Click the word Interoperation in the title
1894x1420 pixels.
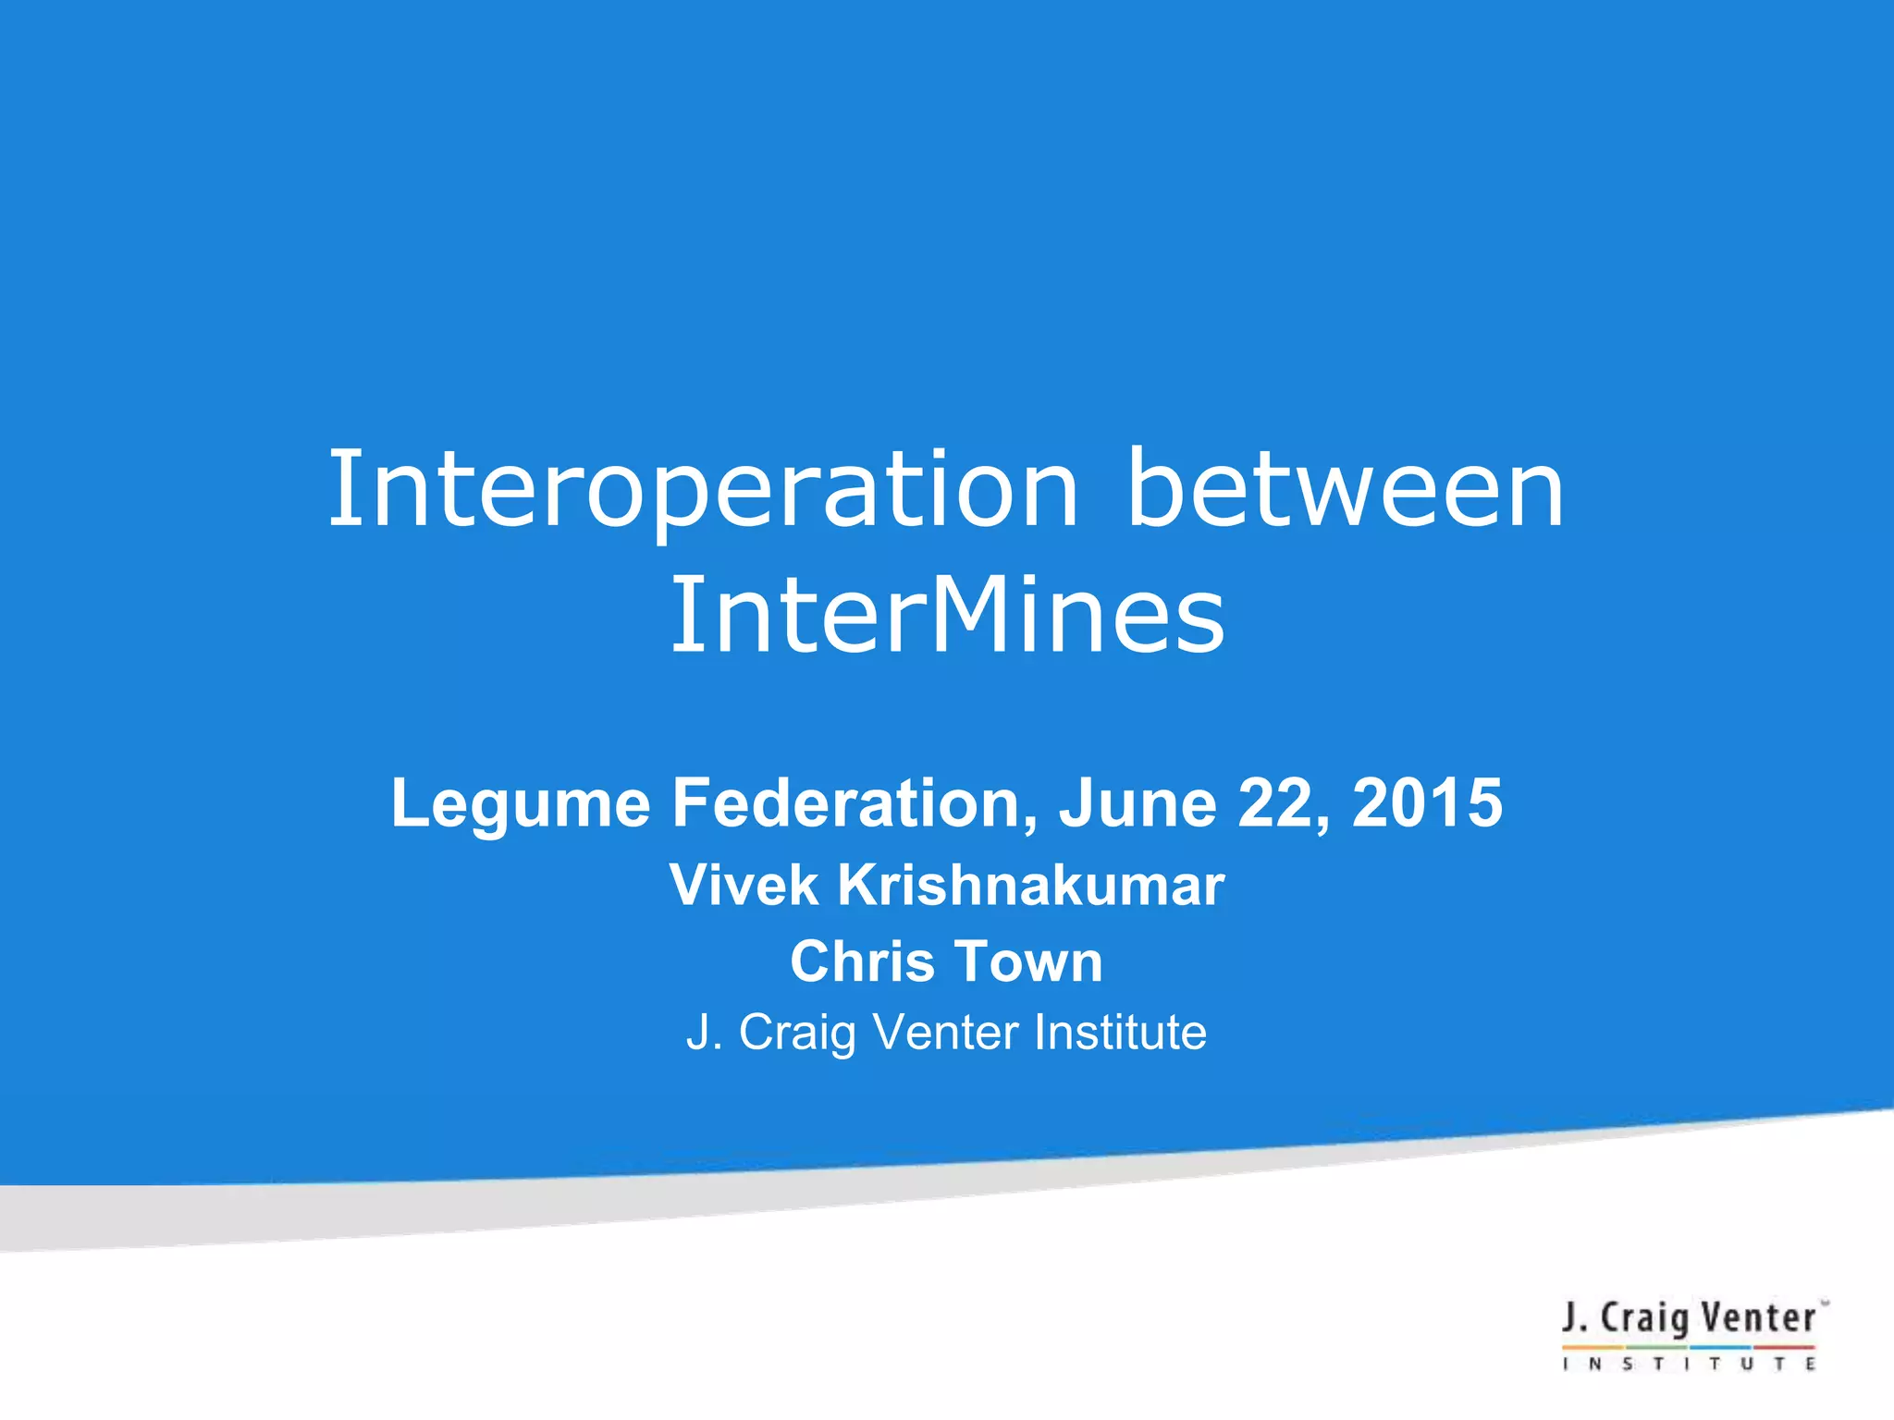point(703,490)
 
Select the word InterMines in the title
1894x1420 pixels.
point(947,615)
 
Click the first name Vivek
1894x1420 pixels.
point(744,885)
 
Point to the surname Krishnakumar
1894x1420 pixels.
point(1030,885)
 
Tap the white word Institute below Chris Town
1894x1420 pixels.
point(1120,1032)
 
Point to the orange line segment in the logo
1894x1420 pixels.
point(1593,1347)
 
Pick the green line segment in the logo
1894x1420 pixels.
point(1656,1347)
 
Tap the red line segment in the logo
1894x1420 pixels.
point(1785,1347)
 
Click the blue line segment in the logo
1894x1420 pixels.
point(1720,1347)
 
